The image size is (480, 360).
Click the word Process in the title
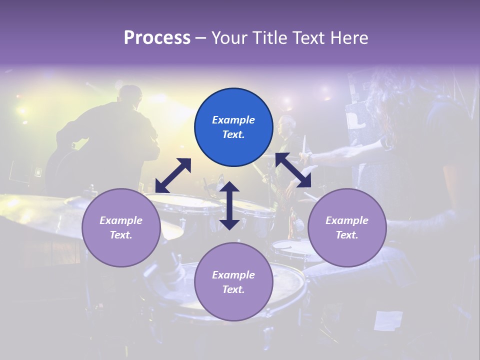pyautogui.click(x=157, y=38)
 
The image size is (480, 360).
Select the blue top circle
pyautogui.click(x=233, y=127)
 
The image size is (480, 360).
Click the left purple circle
pyautogui.click(x=121, y=227)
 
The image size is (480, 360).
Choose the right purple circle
pyautogui.click(x=346, y=227)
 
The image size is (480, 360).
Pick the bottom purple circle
pyautogui.click(x=233, y=282)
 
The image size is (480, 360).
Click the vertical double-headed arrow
pyautogui.click(x=229, y=205)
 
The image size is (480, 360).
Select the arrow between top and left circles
pyautogui.click(x=173, y=175)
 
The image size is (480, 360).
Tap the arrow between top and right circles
pyautogui.click(x=293, y=170)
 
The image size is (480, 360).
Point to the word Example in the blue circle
pyautogui.click(x=233, y=120)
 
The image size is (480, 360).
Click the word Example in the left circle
pyautogui.click(x=121, y=220)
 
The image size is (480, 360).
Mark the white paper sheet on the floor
pyautogui.click(x=388, y=320)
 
